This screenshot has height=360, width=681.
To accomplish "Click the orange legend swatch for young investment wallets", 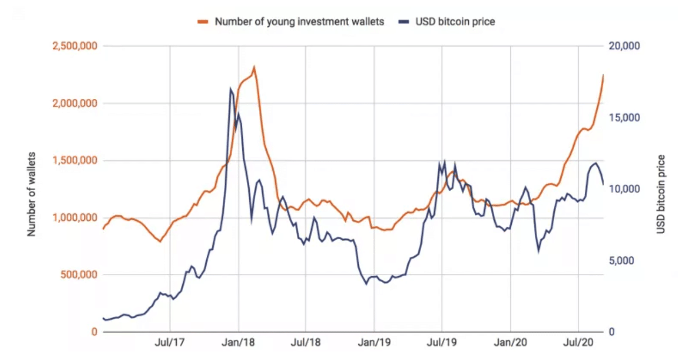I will pos(202,22).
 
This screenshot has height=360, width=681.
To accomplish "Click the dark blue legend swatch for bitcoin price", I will pos(404,22).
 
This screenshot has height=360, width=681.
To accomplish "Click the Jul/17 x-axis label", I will pos(170,342).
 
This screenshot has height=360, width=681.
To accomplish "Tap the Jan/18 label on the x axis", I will pos(238,342).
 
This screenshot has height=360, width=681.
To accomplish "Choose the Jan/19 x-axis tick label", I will pos(374,342).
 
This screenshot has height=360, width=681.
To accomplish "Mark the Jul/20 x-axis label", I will pos(578,342).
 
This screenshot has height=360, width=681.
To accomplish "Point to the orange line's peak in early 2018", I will pos(253,67).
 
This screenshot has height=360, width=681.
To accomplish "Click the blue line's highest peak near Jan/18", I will pos(230,89).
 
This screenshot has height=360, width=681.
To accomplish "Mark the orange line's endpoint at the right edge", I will pos(603,75).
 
